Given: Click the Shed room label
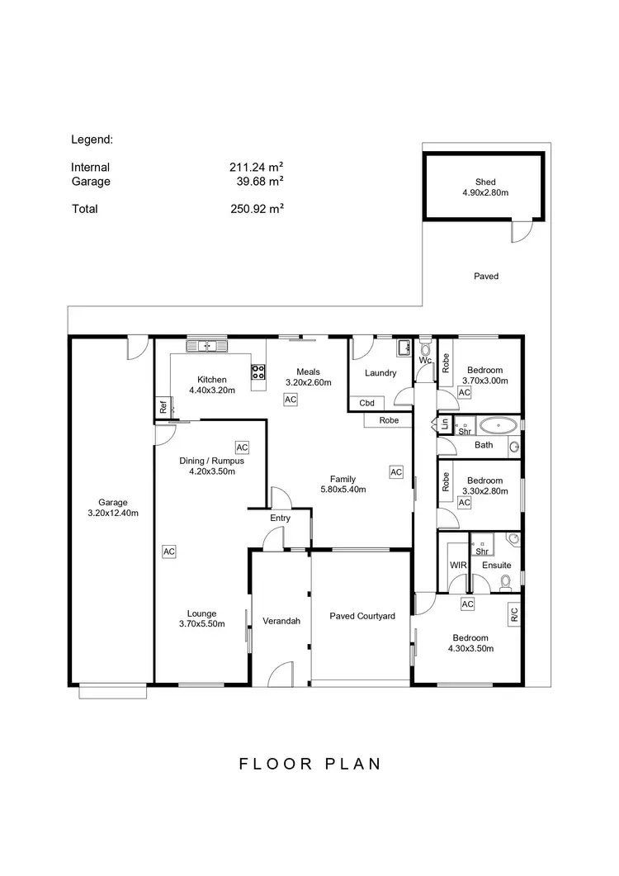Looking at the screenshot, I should [x=485, y=182].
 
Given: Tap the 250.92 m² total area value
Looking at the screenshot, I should [x=257, y=209].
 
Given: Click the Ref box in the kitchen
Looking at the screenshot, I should [x=163, y=407].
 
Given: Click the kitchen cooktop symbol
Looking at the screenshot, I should [x=259, y=372].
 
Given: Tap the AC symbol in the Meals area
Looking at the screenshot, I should [x=290, y=400].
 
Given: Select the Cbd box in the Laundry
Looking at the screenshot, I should [x=367, y=404].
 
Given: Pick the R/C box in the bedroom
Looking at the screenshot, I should [x=513, y=614].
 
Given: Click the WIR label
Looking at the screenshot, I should [x=458, y=566].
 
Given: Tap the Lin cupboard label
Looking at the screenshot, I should [x=445, y=425].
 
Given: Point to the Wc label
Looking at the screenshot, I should [x=425, y=361].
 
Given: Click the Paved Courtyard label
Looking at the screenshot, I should [x=362, y=616].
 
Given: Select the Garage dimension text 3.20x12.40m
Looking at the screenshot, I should [x=113, y=513].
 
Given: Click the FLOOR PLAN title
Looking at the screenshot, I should [x=310, y=764].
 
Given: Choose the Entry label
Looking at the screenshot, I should [x=281, y=518].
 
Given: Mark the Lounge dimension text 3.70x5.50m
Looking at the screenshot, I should [x=201, y=624].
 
